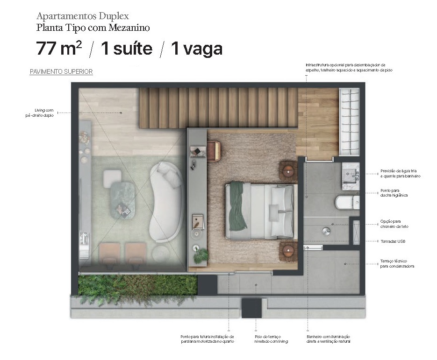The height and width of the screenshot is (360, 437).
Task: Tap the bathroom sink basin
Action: click(x=351, y=176)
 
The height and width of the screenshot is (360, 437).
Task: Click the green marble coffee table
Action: click(x=122, y=198)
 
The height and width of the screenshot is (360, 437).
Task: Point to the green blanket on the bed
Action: click(x=237, y=205)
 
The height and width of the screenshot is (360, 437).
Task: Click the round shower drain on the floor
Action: click(x=326, y=231)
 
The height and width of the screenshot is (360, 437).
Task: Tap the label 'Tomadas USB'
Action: click(x=393, y=241)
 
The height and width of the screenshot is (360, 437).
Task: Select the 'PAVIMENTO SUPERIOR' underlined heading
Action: click(x=61, y=72)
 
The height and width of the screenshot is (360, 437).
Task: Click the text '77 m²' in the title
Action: click(x=59, y=49)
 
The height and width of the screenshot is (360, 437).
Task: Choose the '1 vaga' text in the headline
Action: click(x=197, y=49)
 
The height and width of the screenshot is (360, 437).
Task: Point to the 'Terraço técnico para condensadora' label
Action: click(x=397, y=264)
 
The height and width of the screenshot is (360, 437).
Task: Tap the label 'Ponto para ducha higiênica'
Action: click(x=394, y=193)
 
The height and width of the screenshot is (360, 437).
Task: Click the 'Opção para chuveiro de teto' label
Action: click(x=394, y=224)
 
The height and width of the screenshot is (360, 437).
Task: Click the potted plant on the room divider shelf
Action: click(x=202, y=255)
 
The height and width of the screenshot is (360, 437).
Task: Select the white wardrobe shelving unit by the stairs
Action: click(x=349, y=122)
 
